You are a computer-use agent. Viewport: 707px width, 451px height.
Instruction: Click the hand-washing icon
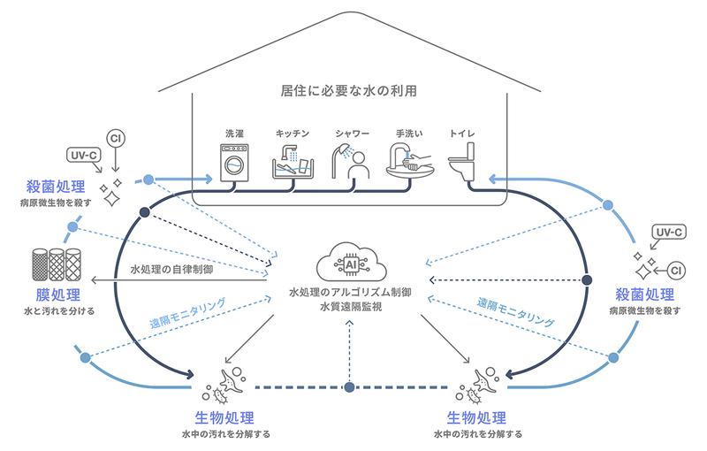coord(407,163)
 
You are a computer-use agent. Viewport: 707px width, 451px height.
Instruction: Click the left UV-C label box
coord(82,156)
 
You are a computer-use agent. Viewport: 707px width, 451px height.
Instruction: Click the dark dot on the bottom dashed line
coord(351,387)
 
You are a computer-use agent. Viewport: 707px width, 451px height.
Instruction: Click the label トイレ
coord(462,134)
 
